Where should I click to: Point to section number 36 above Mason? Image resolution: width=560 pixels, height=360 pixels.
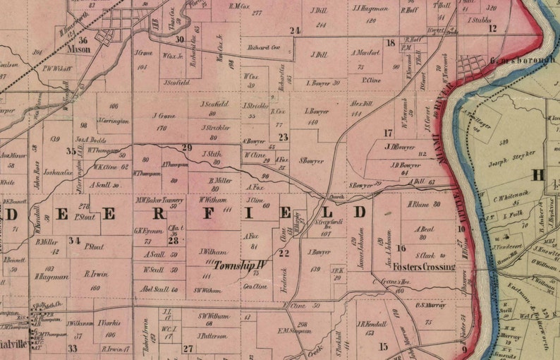click(x=84, y=41)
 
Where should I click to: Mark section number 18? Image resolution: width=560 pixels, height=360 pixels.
click(x=390, y=43)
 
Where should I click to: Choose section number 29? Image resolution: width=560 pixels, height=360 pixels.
click(x=187, y=147)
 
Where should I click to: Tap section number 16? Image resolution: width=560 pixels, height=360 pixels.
click(x=401, y=248)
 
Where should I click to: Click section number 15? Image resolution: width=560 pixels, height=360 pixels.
click(x=383, y=346)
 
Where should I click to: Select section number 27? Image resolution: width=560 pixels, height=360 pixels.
click(x=188, y=348)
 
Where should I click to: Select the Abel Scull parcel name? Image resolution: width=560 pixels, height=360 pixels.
click(x=159, y=289)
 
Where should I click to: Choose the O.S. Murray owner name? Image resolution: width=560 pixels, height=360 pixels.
click(x=429, y=305)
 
